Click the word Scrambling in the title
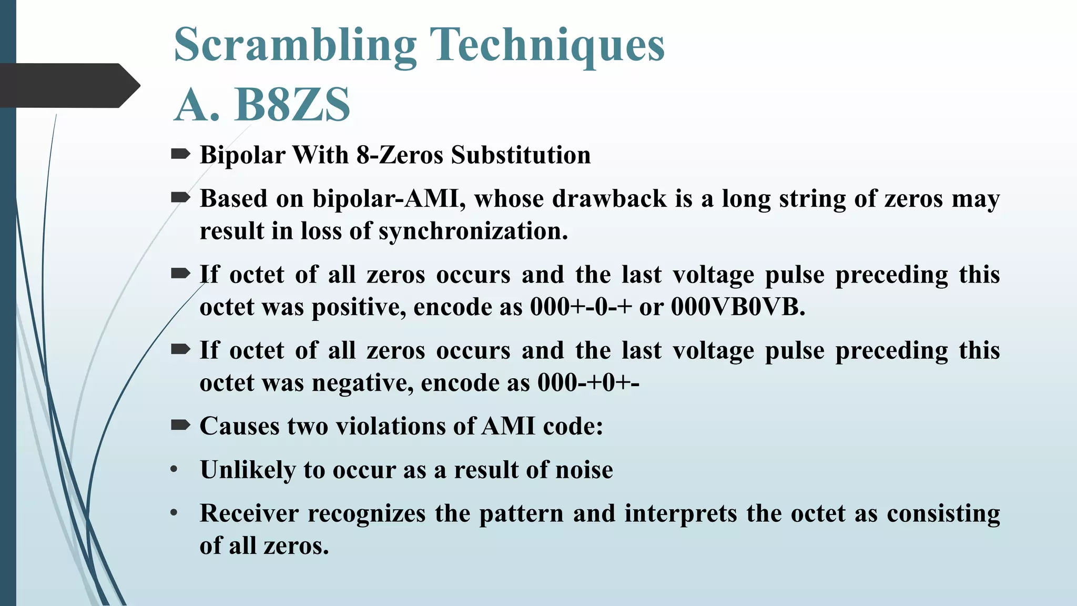295,46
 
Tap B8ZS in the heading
292,104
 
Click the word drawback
609,199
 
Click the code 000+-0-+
581,307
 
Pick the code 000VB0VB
738,307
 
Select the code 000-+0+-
588,383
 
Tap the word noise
584,470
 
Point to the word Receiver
249,513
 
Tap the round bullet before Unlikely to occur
174,470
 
